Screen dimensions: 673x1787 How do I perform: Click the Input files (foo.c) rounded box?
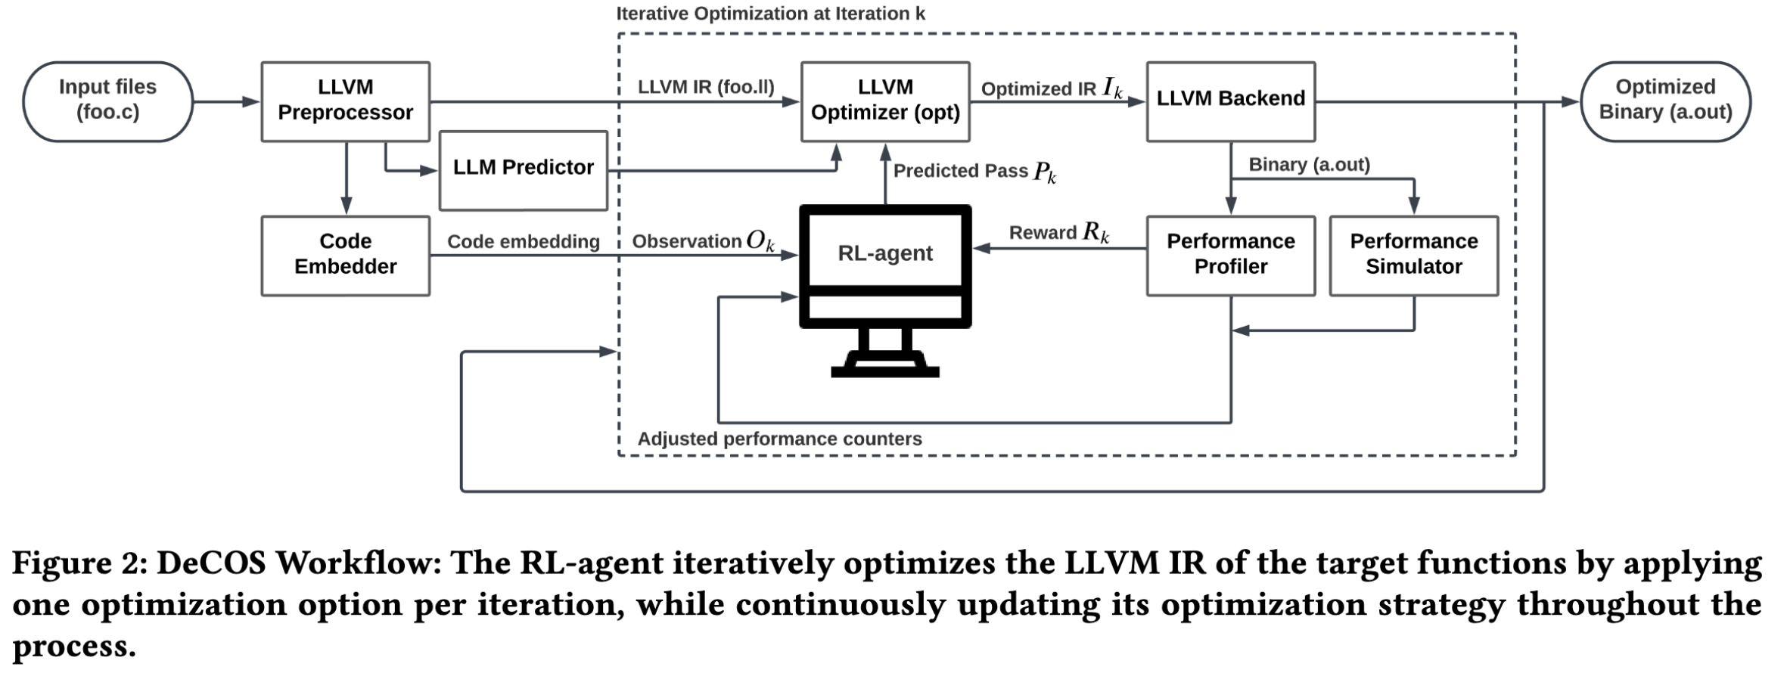107,101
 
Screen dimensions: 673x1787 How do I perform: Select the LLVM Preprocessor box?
345,101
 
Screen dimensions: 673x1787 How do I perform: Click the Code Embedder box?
345,256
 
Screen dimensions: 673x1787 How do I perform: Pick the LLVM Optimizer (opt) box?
884,101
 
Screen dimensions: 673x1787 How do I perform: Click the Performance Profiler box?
1230,256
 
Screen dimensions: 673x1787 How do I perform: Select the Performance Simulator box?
1413,256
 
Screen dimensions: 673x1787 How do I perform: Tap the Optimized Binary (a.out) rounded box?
1665,101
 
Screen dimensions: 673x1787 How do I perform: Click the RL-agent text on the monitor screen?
884,253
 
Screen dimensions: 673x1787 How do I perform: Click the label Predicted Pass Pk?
974,172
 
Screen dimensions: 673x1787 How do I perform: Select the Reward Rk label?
1058,233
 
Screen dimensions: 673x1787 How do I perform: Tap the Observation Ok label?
703,241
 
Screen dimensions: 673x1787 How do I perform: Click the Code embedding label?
523,241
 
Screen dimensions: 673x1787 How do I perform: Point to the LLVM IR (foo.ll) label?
705,87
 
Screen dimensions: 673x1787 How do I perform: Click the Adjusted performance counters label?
779,439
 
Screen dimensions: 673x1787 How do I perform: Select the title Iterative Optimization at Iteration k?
769,14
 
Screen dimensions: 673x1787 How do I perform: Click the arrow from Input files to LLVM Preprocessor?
226,101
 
